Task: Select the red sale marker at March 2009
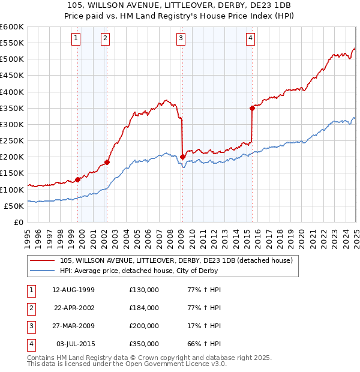(182, 157)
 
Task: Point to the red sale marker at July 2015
(252, 108)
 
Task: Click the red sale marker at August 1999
(78, 179)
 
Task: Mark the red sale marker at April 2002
(107, 162)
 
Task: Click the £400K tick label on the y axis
(12, 92)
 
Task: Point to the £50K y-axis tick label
(14, 206)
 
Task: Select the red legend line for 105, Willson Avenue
(42, 260)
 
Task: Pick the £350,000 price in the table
(144, 344)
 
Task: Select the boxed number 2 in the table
(30, 307)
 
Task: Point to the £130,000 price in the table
(144, 289)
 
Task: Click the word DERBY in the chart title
(197, 7)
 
